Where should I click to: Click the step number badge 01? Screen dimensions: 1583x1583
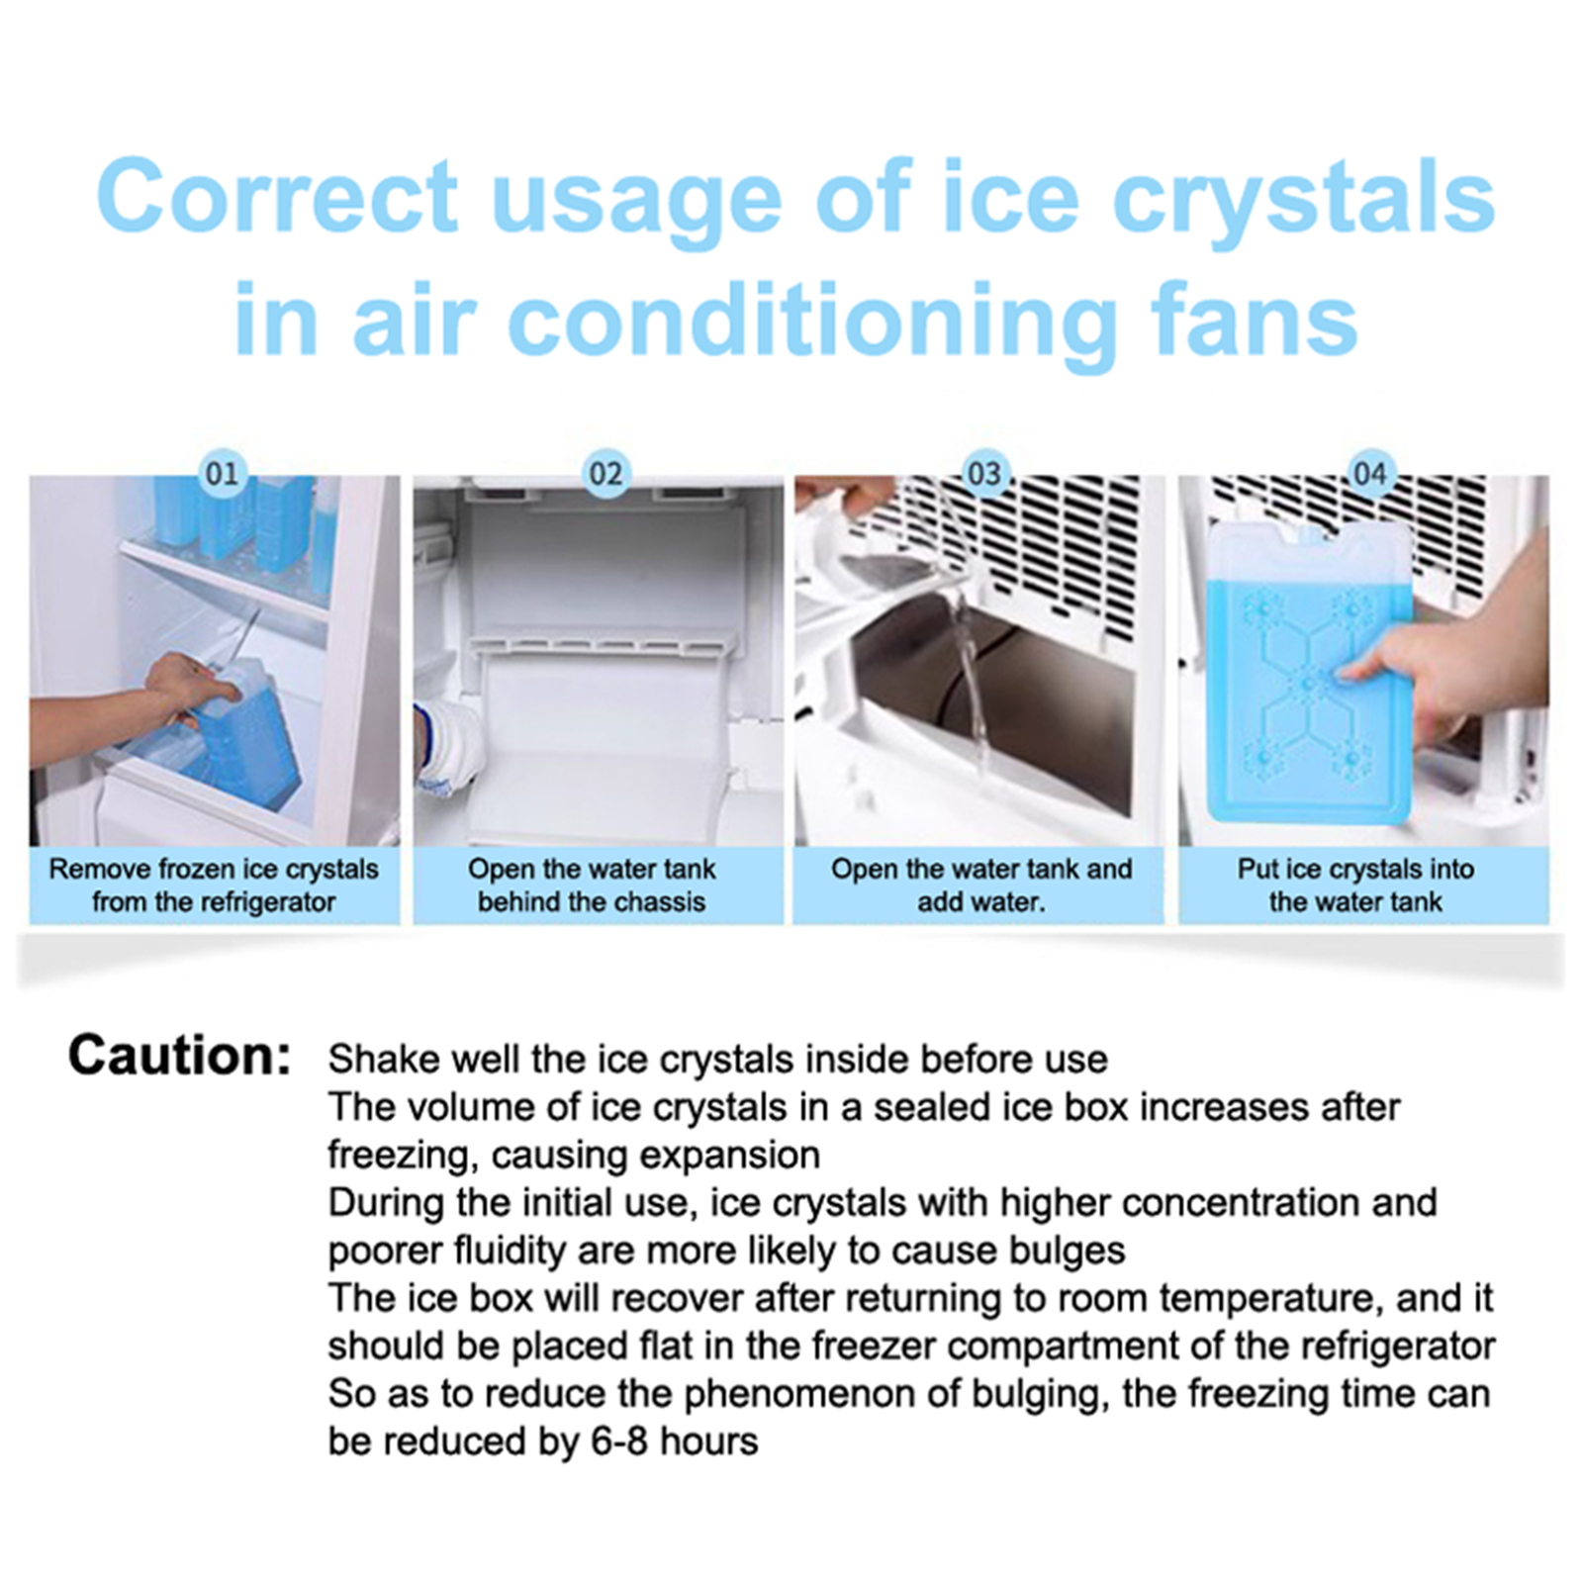222,474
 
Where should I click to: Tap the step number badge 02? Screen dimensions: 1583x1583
605,474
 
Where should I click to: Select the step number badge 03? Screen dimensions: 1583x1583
985,474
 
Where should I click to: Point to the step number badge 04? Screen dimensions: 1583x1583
1369,474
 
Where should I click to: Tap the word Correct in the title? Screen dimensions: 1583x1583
278,197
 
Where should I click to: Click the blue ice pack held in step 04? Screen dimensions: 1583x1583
1309,673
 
